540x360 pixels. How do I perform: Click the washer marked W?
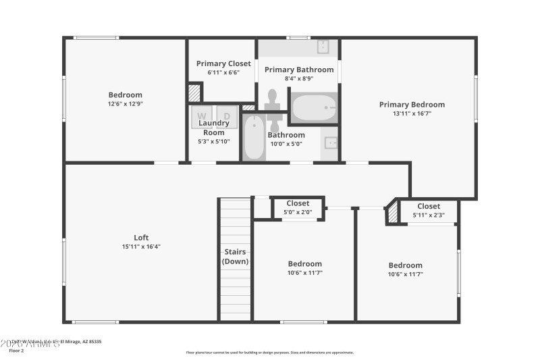(202, 117)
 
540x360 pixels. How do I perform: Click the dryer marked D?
(227, 117)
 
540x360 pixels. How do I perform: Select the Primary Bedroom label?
(412, 105)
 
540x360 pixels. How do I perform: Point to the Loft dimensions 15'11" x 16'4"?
(141, 247)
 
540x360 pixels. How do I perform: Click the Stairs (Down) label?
(236, 257)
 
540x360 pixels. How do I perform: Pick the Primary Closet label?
(223, 63)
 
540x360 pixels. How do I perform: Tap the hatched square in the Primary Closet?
(194, 92)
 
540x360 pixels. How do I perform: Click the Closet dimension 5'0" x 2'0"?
(298, 212)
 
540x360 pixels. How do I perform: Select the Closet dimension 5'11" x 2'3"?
(429, 215)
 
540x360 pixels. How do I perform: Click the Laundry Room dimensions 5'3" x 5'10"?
(213, 141)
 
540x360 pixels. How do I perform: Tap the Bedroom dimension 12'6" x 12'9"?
(126, 104)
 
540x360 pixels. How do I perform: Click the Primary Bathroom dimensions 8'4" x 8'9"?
(299, 78)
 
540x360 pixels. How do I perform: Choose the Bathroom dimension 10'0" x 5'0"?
(286, 144)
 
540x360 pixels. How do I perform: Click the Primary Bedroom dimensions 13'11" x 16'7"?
(412, 114)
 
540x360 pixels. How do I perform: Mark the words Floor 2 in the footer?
(16, 351)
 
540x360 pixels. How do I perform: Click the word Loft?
(141, 237)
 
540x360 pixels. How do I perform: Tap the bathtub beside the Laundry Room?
(254, 138)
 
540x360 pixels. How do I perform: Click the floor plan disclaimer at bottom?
(269, 352)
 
